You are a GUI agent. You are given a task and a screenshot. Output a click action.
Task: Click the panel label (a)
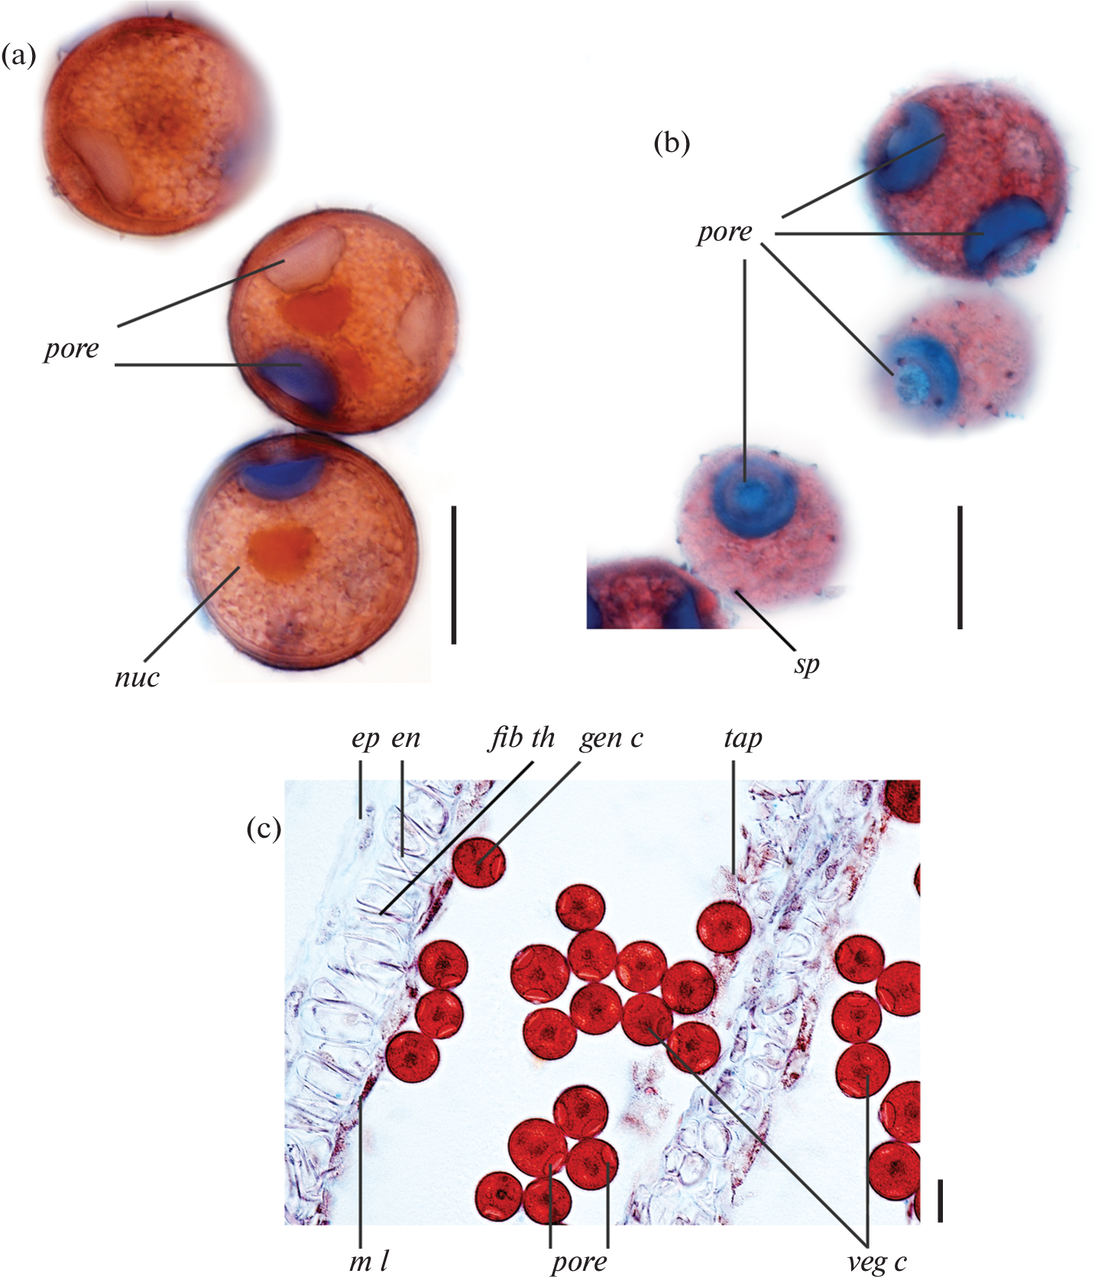pos(18,56)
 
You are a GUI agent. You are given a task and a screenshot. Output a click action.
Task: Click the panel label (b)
pos(672,142)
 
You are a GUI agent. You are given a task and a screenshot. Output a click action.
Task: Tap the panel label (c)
pos(264,828)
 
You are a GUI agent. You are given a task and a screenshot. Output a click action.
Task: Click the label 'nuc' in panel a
pos(137,677)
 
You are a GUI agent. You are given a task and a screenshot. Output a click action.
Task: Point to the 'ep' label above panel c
pos(366,740)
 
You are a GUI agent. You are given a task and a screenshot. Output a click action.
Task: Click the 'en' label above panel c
pos(406,739)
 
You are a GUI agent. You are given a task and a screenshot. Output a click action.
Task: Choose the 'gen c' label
pos(611,739)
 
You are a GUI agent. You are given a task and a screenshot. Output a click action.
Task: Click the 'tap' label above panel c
pos(743,739)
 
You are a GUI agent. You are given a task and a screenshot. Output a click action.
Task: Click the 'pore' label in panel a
pos(71,349)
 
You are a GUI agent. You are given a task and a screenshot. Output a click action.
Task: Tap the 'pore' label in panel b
pos(724,232)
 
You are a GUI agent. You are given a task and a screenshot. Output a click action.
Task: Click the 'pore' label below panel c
pos(579,1262)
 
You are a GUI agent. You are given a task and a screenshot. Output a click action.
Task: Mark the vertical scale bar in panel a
pos(454,574)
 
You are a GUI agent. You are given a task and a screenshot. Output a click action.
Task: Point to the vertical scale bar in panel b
pos(960,567)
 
